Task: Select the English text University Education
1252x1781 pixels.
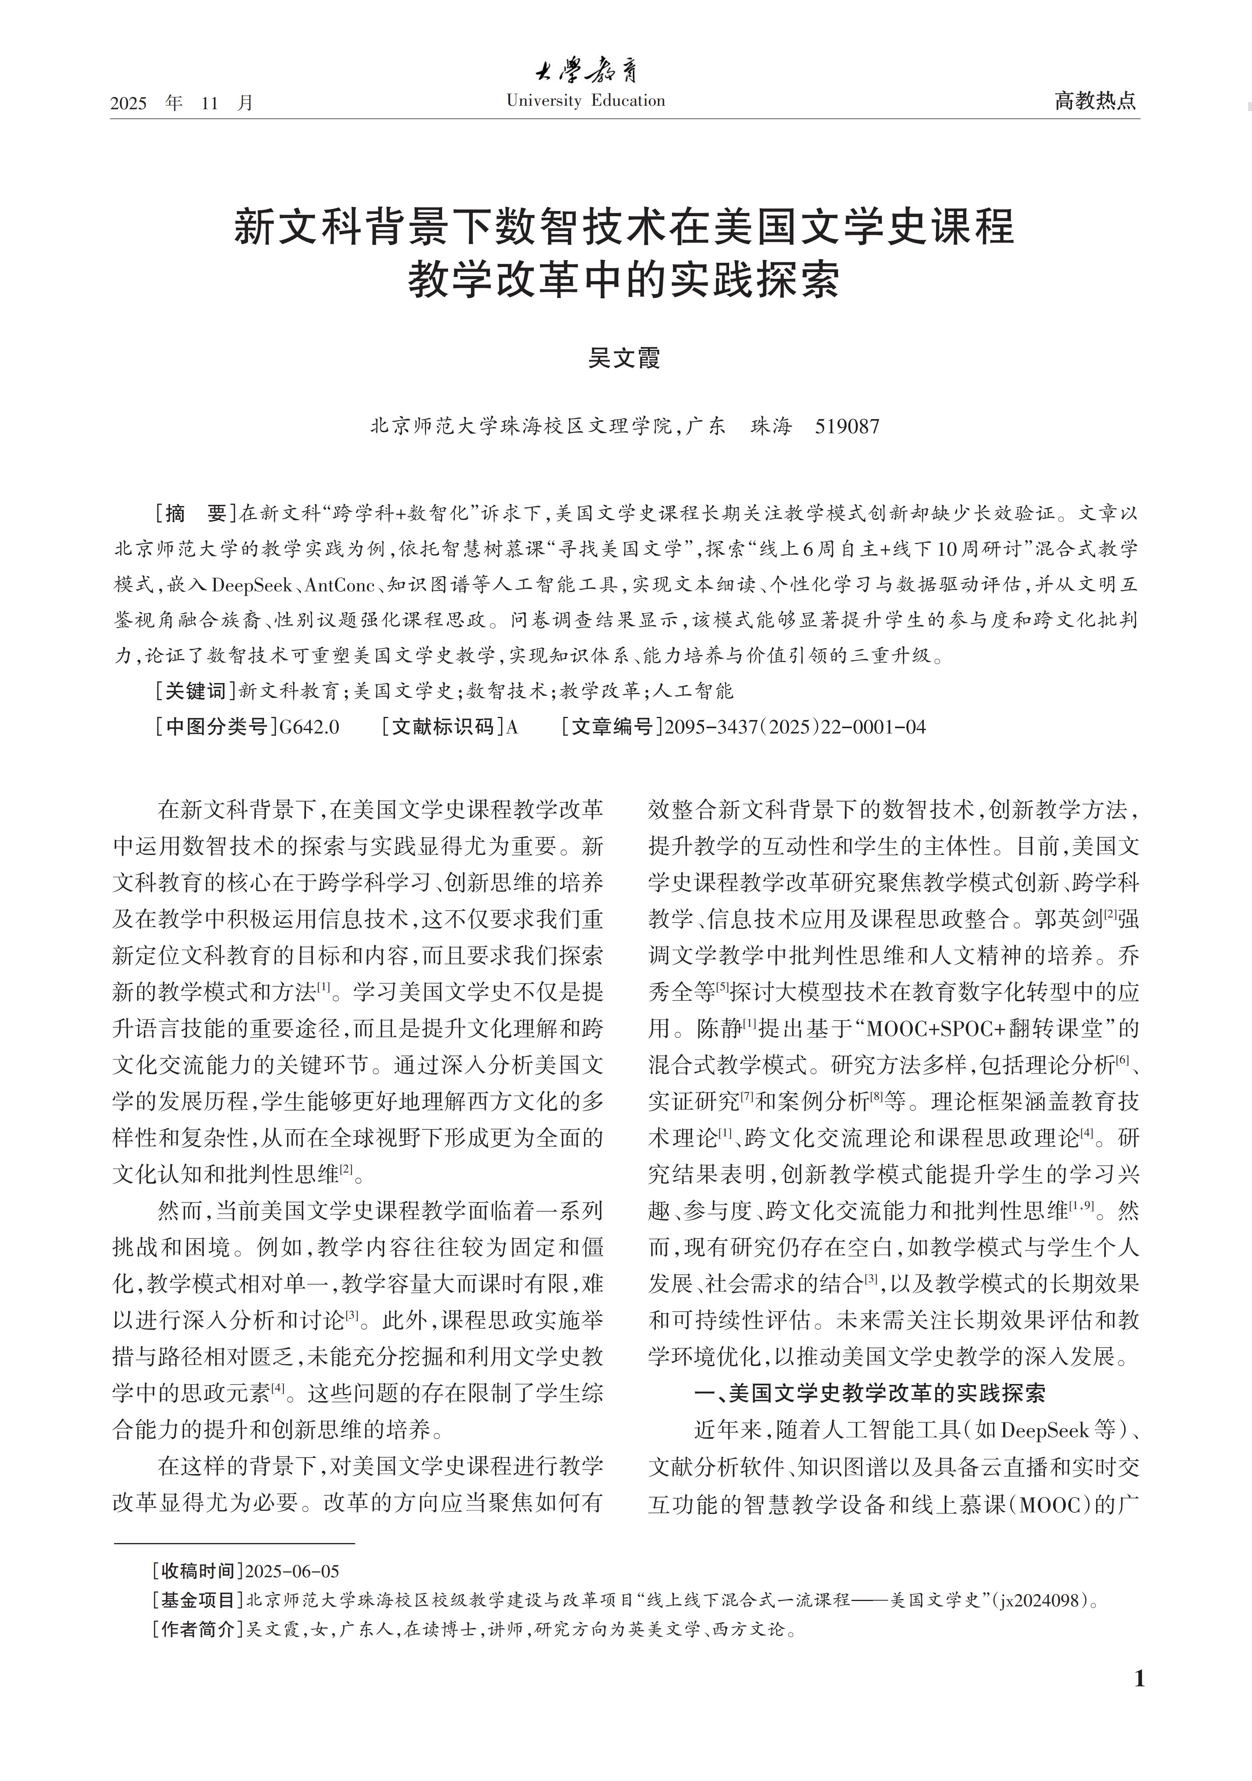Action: click(586, 101)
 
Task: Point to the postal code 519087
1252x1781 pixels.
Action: click(847, 426)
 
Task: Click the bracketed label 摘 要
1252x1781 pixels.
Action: click(196, 514)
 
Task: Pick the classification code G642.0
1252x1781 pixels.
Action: click(309, 727)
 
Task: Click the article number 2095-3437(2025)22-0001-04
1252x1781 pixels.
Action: click(795, 727)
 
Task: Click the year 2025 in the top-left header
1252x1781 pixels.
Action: click(129, 103)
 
